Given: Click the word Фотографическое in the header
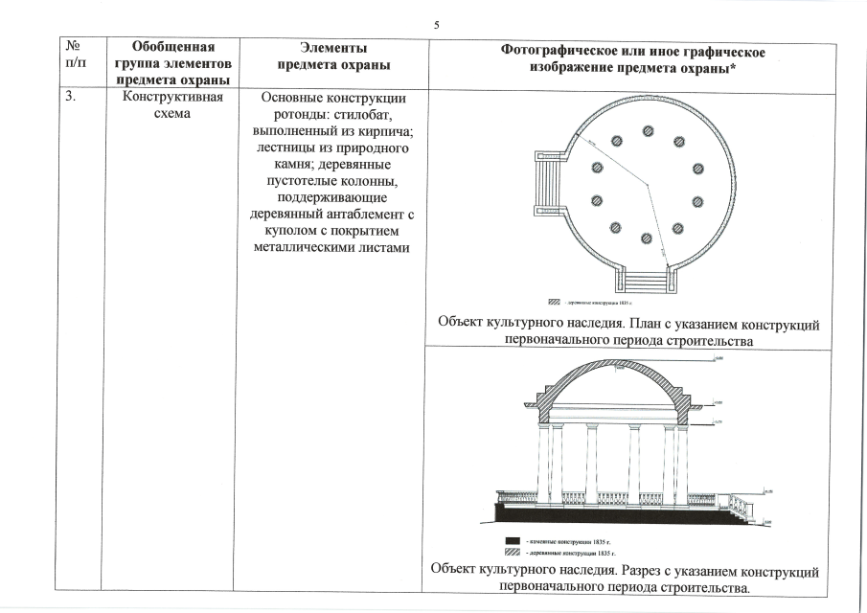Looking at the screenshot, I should point(569,50).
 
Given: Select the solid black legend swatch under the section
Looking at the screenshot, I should point(513,542).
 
